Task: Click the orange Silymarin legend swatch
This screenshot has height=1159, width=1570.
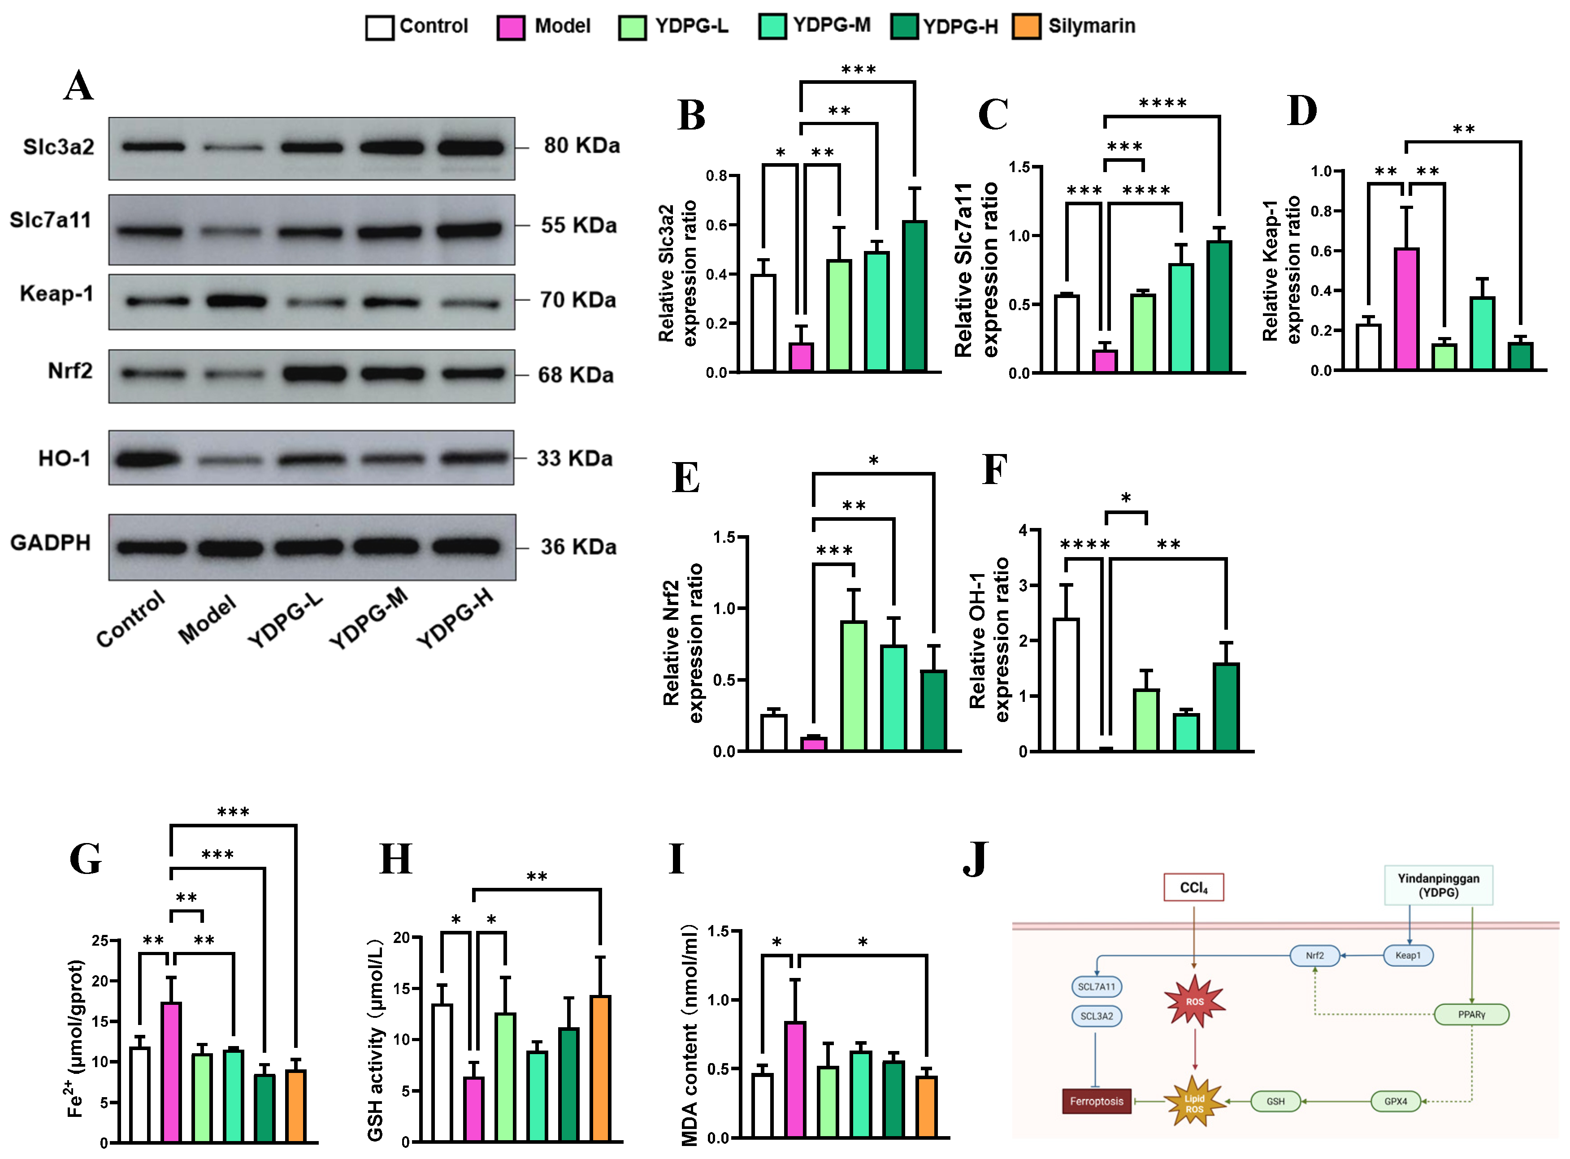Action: (1026, 26)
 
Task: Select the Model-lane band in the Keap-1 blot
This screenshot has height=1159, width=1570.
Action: (236, 302)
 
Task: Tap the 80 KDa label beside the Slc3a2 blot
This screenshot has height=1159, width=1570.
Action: (582, 146)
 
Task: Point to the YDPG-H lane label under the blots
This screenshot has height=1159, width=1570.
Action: (455, 618)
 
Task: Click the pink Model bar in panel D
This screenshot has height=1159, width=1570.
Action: (1406, 309)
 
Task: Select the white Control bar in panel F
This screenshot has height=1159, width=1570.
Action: (1066, 684)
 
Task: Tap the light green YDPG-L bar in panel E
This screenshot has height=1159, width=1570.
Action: (854, 685)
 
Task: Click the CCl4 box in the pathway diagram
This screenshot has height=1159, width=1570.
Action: (1193, 887)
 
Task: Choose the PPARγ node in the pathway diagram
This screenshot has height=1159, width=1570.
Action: (1471, 1015)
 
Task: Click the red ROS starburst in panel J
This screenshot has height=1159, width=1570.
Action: (1194, 1001)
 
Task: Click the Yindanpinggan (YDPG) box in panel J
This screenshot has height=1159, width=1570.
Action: (1438, 886)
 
